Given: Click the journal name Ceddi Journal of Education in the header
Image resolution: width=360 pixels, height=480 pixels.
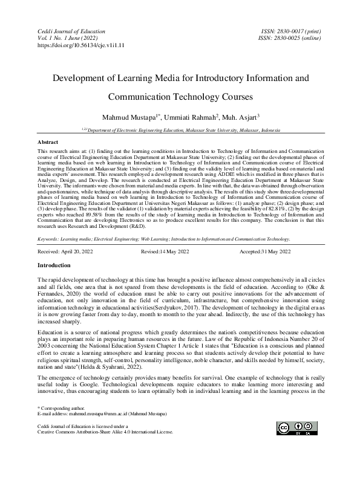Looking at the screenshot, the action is (x=68, y=30).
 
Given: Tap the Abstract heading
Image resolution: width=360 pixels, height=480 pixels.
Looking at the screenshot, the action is (x=48, y=141).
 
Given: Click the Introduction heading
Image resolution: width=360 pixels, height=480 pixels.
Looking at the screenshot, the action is (x=54, y=265).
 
